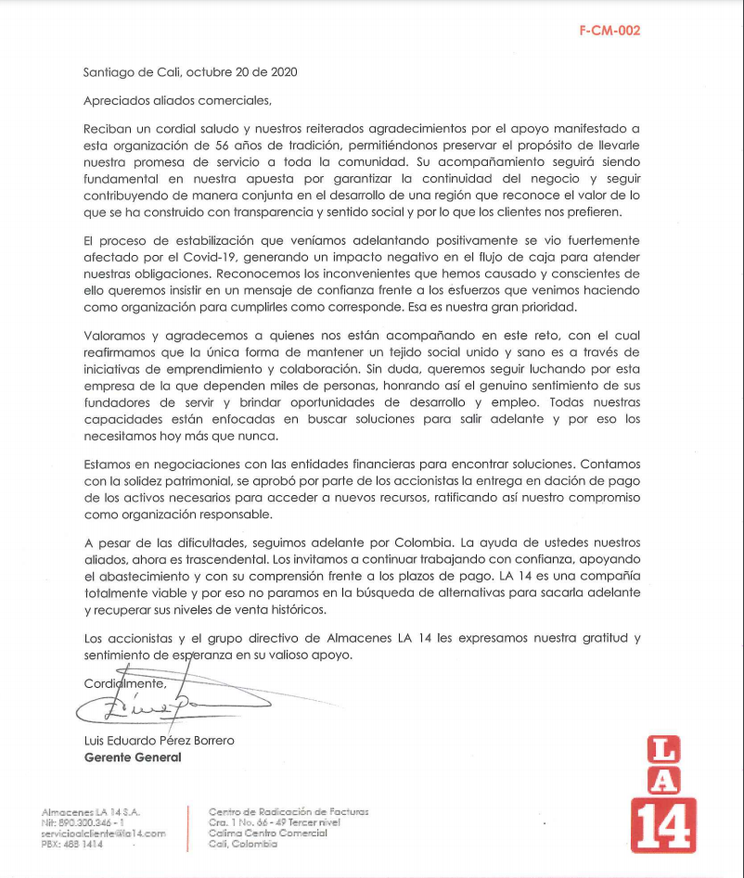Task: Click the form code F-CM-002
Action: pos(609,30)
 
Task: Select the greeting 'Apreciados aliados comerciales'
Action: pos(178,99)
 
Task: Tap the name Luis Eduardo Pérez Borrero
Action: pos(160,740)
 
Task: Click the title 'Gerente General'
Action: pos(133,757)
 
